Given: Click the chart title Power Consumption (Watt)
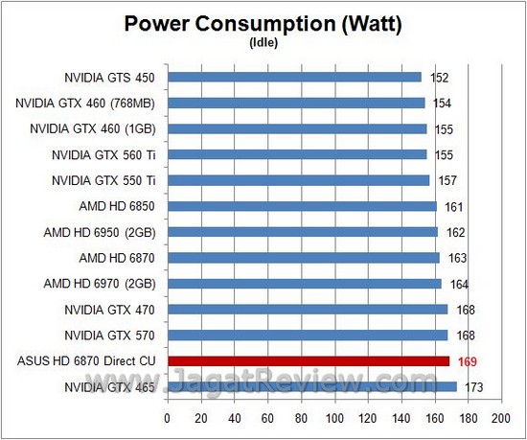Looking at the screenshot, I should [263, 23].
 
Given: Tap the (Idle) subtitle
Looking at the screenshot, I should [263, 42].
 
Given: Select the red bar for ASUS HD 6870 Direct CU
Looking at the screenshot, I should [309, 361].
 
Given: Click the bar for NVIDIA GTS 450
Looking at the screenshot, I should [294, 77].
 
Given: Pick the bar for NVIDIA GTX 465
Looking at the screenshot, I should [311, 386].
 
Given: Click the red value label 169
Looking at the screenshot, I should [467, 361].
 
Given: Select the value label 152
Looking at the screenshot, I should [440, 77].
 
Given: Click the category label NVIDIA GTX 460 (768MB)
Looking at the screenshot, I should [90, 103].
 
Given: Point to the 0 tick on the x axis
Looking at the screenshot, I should [168, 419].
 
